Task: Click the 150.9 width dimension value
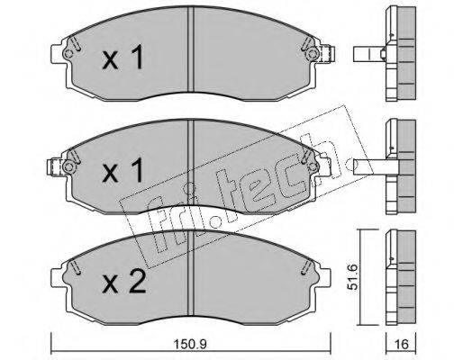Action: coord(191,345)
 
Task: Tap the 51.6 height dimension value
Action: coord(353,276)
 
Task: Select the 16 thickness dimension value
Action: coord(401,345)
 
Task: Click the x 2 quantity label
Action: coord(123,282)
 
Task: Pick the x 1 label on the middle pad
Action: coord(123,170)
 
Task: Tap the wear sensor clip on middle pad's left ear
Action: coord(55,166)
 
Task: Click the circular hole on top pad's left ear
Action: coord(68,54)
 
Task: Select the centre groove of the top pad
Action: coord(190,49)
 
